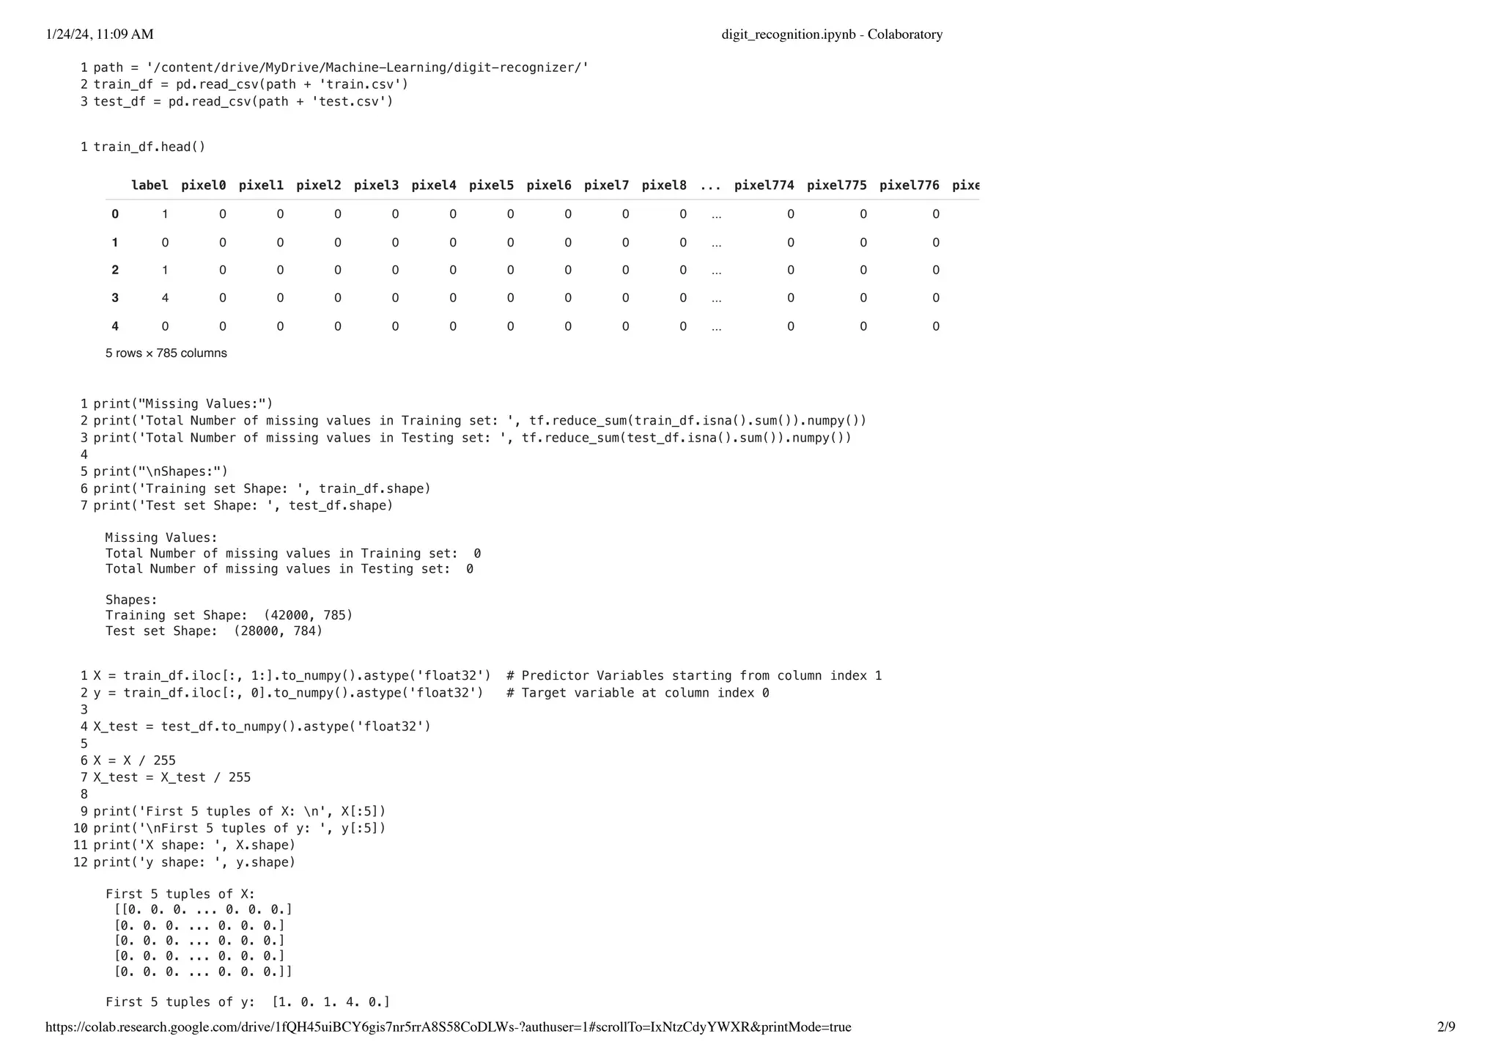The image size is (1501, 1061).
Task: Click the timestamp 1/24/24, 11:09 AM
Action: [100, 34]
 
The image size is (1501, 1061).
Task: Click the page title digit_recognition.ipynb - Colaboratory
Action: [832, 34]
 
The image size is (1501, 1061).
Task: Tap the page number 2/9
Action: [1446, 1027]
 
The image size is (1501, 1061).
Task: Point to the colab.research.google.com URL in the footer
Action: [448, 1027]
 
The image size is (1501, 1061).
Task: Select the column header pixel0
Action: [203, 186]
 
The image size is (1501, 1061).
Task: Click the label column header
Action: [150, 186]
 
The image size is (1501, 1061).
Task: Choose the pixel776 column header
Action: [909, 186]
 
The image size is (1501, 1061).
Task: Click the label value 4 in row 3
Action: [165, 298]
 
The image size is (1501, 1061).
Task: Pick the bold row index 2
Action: [115, 271]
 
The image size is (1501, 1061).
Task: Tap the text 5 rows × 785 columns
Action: [166, 353]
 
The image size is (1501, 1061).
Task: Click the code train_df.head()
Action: [150, 147]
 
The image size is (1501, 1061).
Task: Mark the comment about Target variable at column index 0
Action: [638, 694]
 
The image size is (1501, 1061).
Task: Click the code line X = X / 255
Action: [134, 761]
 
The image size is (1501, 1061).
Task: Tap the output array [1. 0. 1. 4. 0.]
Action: [331, 1002]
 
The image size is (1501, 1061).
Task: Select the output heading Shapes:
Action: [131, 601]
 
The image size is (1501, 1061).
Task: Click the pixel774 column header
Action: [764, 186]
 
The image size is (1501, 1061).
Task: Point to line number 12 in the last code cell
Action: [81, 863]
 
